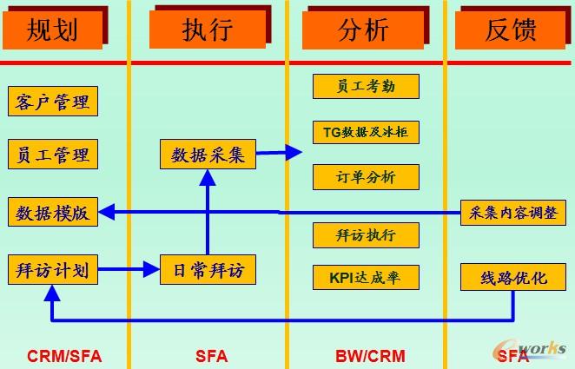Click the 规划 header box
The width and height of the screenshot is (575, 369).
pos(53,30)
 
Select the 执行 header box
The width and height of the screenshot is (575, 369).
pos(207,30)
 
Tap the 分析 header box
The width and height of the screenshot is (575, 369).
pos(360,30)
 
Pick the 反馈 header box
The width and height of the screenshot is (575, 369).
pos(511,30)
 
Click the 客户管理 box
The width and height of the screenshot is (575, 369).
pos(52,102)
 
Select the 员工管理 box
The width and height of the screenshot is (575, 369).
pos(52,155)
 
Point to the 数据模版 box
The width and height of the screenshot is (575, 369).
pos(52,212)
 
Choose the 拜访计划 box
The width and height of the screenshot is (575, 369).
pos(52,270)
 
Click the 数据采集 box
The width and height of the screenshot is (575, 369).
pos(208,155)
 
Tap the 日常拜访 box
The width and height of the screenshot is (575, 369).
pos(208,270)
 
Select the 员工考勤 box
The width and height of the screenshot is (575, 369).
pos(366,86)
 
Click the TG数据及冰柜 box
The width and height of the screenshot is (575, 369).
pos(366,132)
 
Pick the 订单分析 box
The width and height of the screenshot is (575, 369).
pos(366,177)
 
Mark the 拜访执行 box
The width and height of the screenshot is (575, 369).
pos(366,234)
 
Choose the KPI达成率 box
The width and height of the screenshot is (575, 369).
pos(366,278)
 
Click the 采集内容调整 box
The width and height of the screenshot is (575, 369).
pos(512,212)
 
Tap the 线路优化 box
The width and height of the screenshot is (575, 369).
pos(512,278)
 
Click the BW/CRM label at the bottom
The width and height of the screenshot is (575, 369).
pos(364,355)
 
